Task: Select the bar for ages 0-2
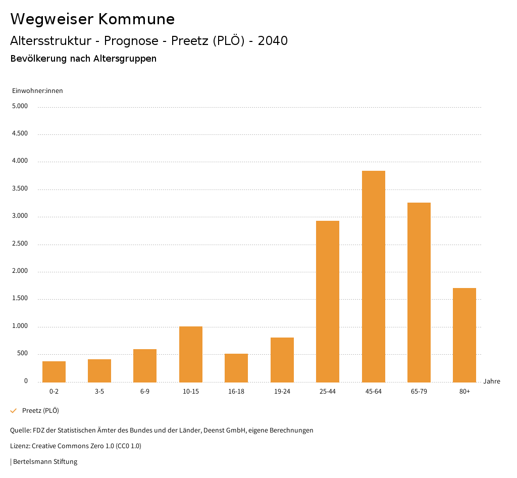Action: click(54, 371)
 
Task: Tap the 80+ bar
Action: click(464, 334)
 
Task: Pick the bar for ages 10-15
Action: click(191, 354)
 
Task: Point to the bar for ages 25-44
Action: click(328, 301)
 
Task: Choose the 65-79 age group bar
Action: click(419, 292)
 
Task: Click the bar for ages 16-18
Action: click(236, 367)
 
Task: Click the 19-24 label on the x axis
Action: click(282, 392)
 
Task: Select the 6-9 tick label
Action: click(145, 392)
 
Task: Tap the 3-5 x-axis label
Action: click(99, 392)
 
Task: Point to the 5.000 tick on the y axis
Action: click(20, 107)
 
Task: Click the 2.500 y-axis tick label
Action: click(20, 244)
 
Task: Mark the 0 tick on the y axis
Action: click(26, 381)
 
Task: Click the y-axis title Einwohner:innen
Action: click(37, 91)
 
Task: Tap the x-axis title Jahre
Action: click(492, 381)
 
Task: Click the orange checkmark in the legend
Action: click(14, 411)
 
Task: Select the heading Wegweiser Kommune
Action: click(92, 19)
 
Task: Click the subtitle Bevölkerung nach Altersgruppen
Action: click(83, 59)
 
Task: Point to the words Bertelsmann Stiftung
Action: click(45, 461)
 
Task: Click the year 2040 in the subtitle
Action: click(273, 41)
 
